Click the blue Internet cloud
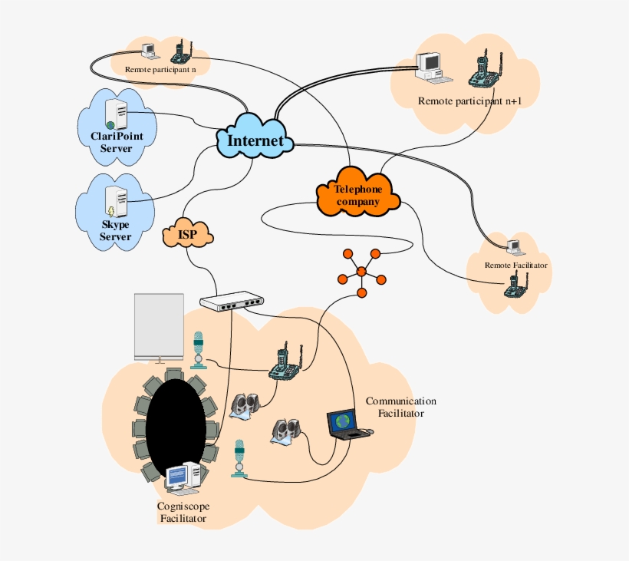(x=256, y=140)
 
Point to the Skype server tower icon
(x=117, y=202)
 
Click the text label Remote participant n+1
(x=469, y=101)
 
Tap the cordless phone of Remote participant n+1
(x=482, y=71)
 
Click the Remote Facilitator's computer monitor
(x=513, y=246)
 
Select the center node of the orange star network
(x=361, y=271)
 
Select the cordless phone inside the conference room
(x=285, y=362)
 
